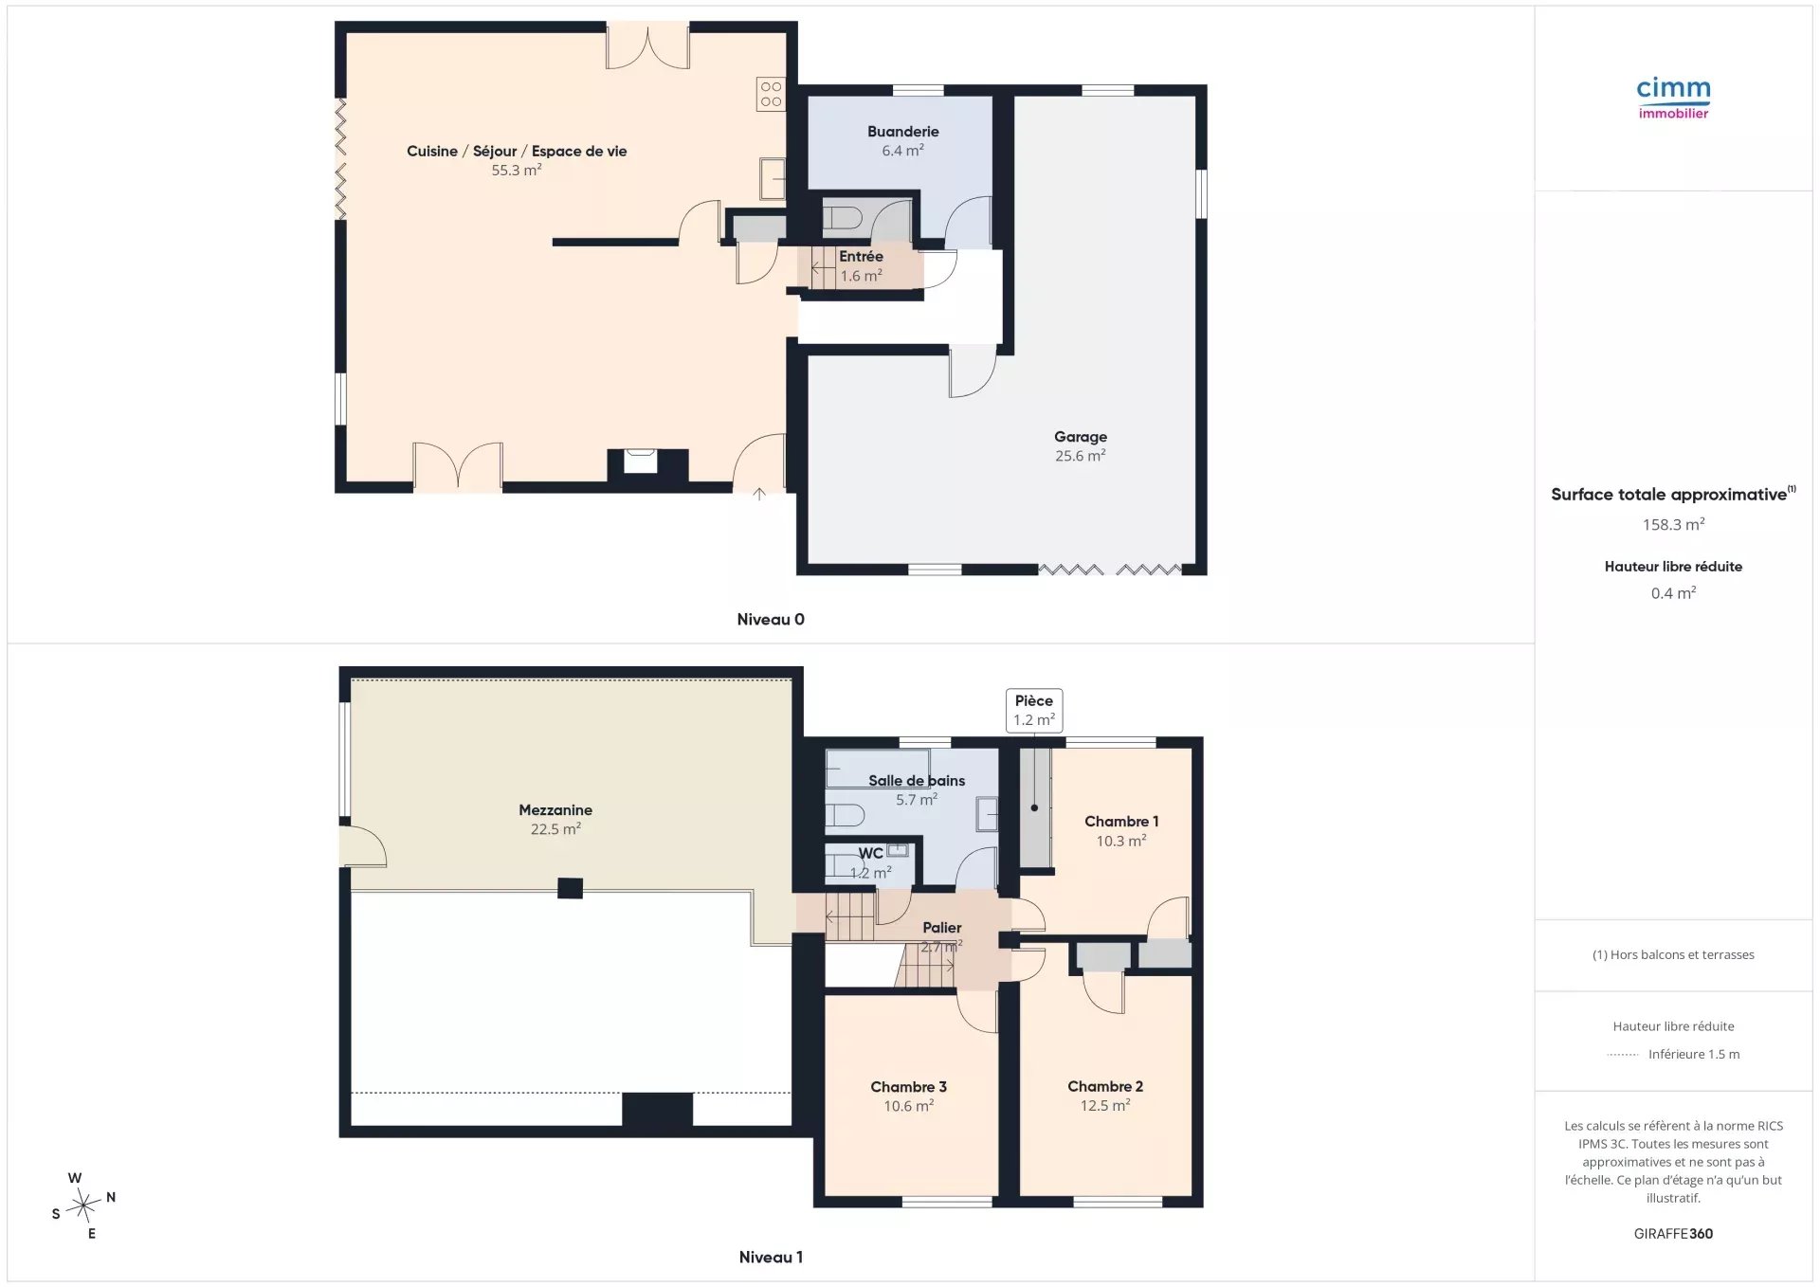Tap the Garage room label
(x=1081, y=437)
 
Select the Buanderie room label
(x=902, y=132)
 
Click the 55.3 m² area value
(x=517, y=171)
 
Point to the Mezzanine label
(x=555, y=810)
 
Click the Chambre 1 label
(x=1121, y=822)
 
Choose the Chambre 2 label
(x=1105, y=1087)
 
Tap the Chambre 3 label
(x=908, y=1087)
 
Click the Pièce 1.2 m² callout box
(x=1034, y=711)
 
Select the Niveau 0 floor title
(x=771, y=620)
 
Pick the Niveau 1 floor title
(x=771, y=1258)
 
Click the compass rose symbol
(x=84, y=1205)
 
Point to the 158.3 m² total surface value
(x=1673, y=524)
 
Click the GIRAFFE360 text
(x=1673, y=1234)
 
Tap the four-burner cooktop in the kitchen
(x=771, y=94)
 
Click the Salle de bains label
(x=917, y=781)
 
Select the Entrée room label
(x=861, y=257)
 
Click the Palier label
(x=941, y=928)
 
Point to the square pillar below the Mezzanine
(x=570, y=888)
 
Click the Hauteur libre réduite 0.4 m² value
(x=1673, y=593)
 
